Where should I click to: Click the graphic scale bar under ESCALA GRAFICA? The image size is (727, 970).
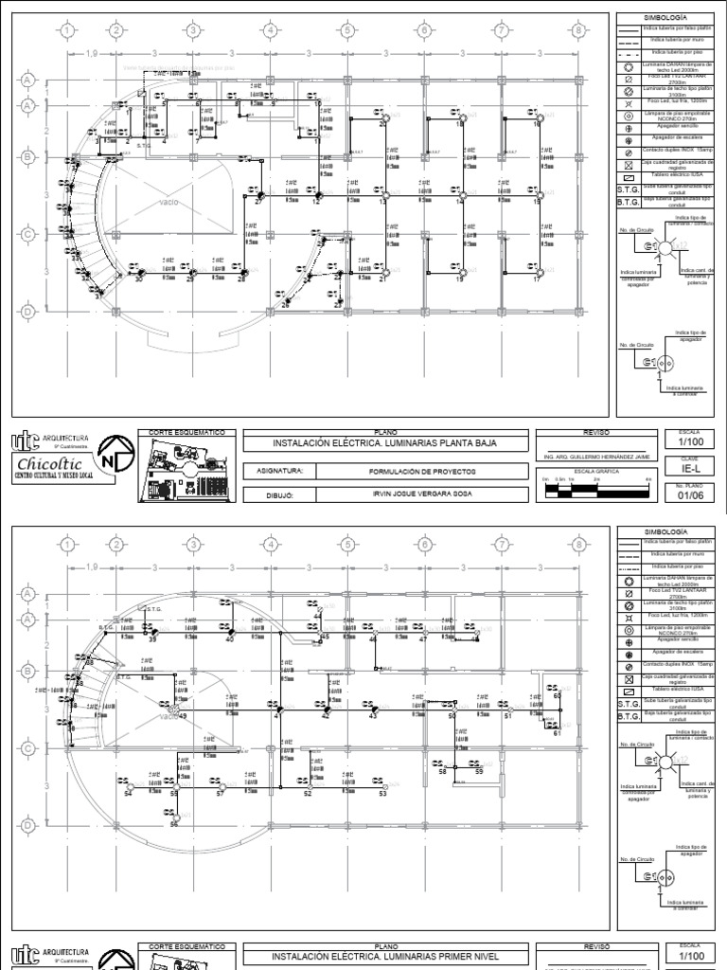(x=595, y=492)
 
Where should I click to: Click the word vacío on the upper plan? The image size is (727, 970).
(x=169, y=202)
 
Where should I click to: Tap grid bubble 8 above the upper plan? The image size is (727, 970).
(x=576, y=30)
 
